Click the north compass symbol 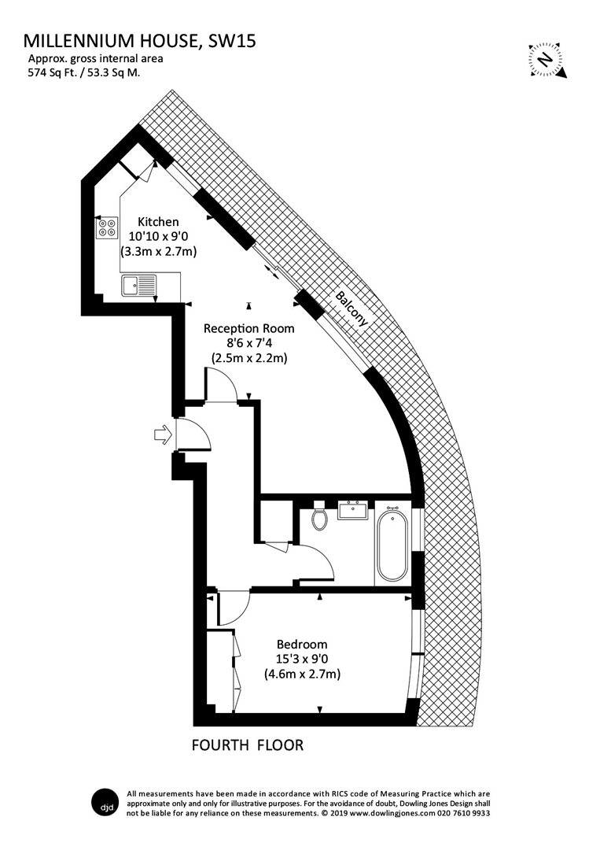point(543,59)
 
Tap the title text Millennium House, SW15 point(140,41)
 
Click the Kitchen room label point(158,222)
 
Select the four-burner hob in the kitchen point(107,228)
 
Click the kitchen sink point(140,285)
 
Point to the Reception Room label point(248,328)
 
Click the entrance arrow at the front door point(163,434)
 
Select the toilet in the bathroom point(319,519)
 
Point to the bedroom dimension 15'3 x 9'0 point(302,660)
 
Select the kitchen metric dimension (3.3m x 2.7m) point(158,252)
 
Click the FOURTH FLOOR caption point(248,745)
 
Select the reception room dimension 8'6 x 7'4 point(248,343)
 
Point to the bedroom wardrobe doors point(236,669)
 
